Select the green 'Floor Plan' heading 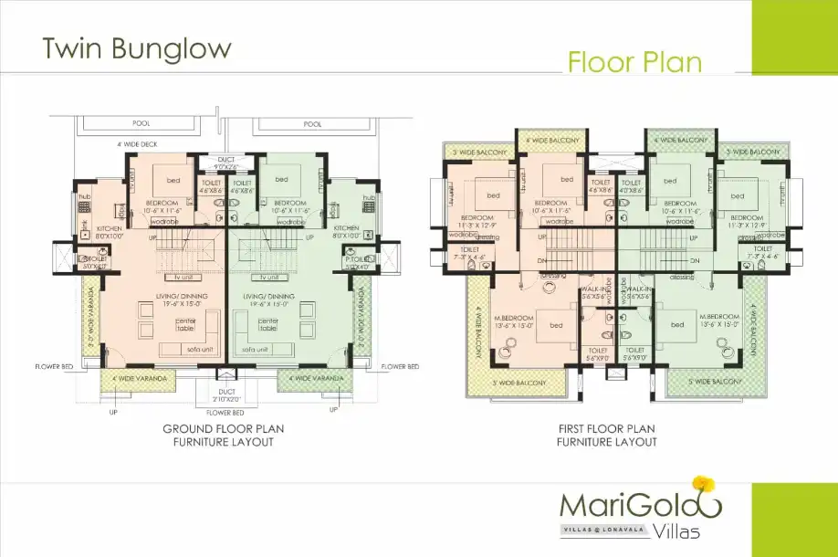click(634, 61)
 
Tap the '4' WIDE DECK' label click(139, 144)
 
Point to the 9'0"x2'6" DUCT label click(225, 163)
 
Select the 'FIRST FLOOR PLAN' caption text click(606, 428)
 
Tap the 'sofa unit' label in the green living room click(257, 350)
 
